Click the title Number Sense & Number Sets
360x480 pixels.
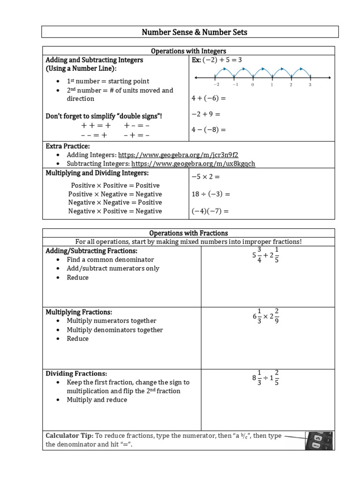pyautogui.click(x=189, y=32)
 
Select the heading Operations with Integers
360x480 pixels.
pyautogui.click(x=188, y=51)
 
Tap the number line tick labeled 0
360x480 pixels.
pyautogui.click(x=253, y=85)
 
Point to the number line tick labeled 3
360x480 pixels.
pyautogui.click(x=310, y=85)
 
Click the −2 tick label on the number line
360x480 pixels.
pyautogui.click(x=216, y=85)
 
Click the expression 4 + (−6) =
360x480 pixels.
pyautogui.click(x=209, y=98)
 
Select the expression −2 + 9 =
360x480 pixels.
pyautogui.click(x=206, y=114)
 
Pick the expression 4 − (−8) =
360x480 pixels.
pyautogui.click(x=209, y=129)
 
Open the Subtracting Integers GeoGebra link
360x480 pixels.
pyautogui.click(x=193, y=163)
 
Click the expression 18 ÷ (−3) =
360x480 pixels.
pyautogui.click(x=211, y=194)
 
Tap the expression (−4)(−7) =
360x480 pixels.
pyautogui.click(x=210, y=211)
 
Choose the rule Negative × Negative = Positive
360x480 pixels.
pyautogui.click(x=115, y=202)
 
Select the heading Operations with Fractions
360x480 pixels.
pyautogui.click(x=188, y=233)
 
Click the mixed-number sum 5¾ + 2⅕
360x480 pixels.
pyautogui.click(x=265, y=255)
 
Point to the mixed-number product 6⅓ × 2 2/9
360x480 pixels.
pyautogui.click(x=265, y=317)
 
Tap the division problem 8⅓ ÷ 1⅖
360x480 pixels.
pyautogui.click(x=265, y=378)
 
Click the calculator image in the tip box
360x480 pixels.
pyautogui.click(x=320, y=441)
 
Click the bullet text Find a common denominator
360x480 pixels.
pyautogui.click(x=110, y=260)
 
